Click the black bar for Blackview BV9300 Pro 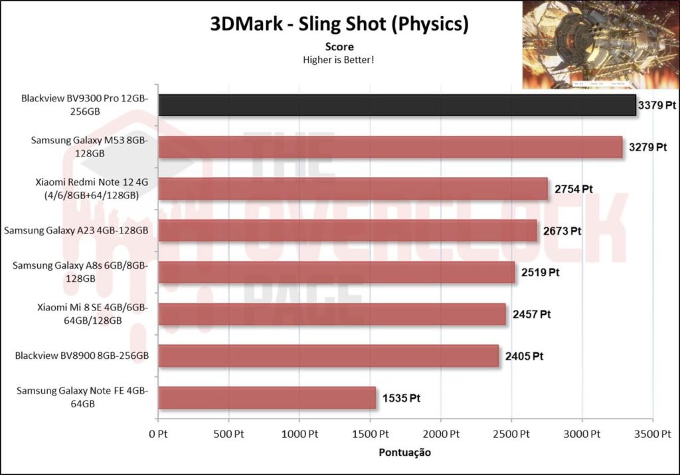[x=396, y=105]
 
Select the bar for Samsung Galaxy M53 [x=390, y=147]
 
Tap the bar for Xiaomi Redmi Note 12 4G [x=353, y=189]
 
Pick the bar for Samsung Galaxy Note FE [x=267, y=398]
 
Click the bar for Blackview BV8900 [x=328, y=356]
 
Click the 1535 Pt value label [x=402, y=398]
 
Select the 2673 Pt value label [x=562, y=231]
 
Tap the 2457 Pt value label [x=532, y=314]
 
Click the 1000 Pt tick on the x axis [x=299, y=434]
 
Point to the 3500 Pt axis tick [x=652, y=434]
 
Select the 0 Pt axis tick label [x=158, y=434]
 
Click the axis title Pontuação [x=404, y=452]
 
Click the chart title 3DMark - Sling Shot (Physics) [x=339, y=24]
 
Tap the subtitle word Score [x=339, y=47]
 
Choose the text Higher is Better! [x=339, y=60]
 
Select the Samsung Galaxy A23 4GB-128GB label [x=76, y=231]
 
